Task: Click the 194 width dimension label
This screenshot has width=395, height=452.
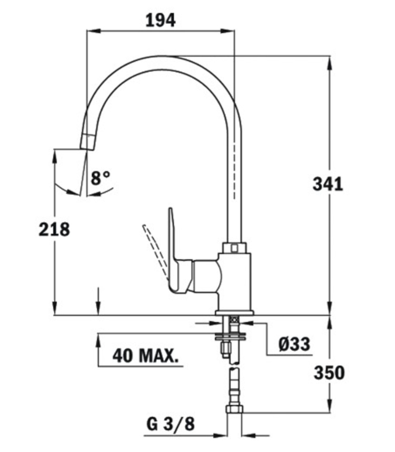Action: pyautogui.click(x=161, y=20)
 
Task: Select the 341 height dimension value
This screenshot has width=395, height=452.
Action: pyautogui.click(x=328, y=184)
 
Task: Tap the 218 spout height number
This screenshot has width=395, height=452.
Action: pyautogui.click(x=54, y=230)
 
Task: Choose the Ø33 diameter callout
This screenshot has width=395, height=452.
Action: pyautogui.click(x=294, y=344)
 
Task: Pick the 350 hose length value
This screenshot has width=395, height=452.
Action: pyautogui.click(x=329, y=372)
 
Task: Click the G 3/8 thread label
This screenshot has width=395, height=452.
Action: pyautogui.click(x=171, y=424)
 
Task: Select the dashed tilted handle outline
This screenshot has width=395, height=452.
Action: pyautogui.click(x=155, y=250)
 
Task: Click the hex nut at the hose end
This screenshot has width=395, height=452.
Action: pyautogui.click(x=234, y=409)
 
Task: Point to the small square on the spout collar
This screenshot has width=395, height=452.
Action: pyautogui.click(x=234, y=248)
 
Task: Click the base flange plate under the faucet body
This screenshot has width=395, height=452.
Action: pyautogui.click(x=234, y=313)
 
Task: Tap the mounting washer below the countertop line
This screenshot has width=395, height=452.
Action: pyautogui.click(x=231, y=335)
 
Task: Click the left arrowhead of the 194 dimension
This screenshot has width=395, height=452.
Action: pyautogui.click(x=93, y=31)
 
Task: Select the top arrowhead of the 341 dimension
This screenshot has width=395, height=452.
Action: pyautogui.click(x=329, y=62)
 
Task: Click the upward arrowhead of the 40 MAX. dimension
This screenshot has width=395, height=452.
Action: pyautogui.click(x=98, y=340)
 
